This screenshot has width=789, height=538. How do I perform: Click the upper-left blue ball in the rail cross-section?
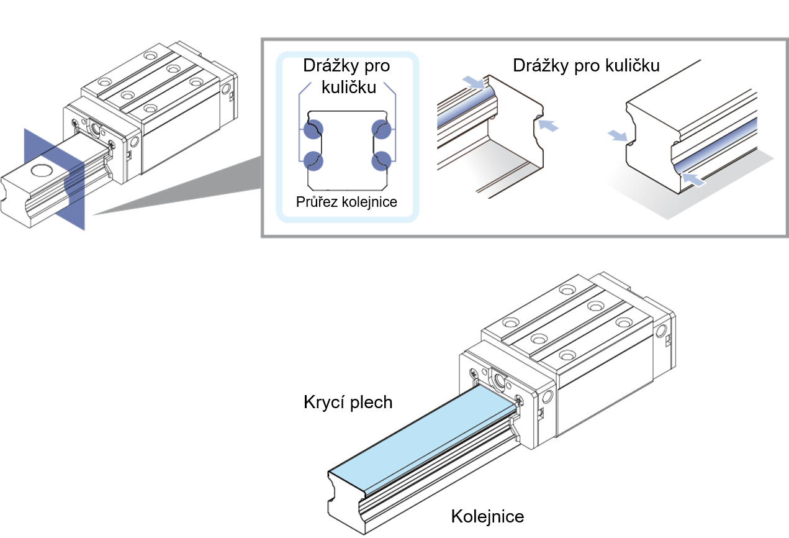coord(313,129)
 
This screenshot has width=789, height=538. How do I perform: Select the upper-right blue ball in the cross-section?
coord(381,129)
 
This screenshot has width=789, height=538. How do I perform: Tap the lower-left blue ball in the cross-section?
coord(313,160)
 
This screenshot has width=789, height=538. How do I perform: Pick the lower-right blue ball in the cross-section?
coord(381,160)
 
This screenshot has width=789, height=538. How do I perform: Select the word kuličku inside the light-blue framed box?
coord(349,86)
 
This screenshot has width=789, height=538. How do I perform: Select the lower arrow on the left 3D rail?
coord(548,125)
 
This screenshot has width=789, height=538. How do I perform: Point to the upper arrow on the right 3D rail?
coord(618,135)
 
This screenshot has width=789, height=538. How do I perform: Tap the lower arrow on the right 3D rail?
coord(694,180)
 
